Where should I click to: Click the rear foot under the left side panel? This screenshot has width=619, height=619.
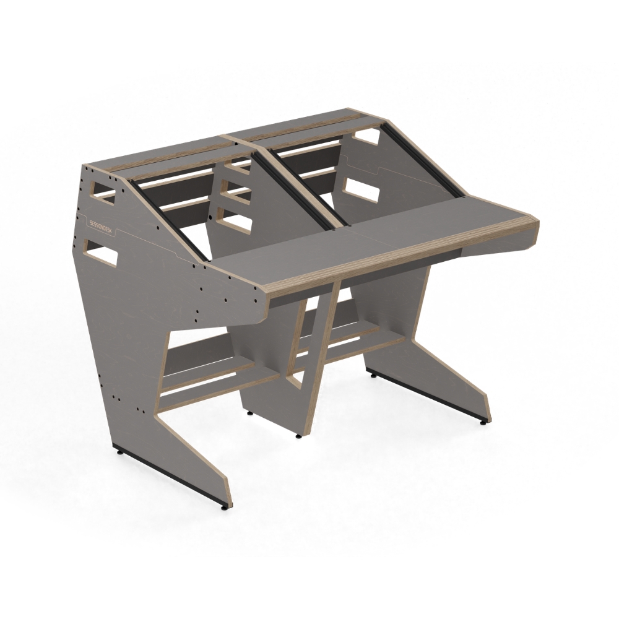(120, 454)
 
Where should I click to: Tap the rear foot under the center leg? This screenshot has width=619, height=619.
(250, 412)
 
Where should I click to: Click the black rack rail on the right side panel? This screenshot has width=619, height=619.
(421, 161)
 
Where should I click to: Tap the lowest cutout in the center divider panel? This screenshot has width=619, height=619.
(230, 223)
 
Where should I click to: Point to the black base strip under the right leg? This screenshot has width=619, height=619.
(427, 396)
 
